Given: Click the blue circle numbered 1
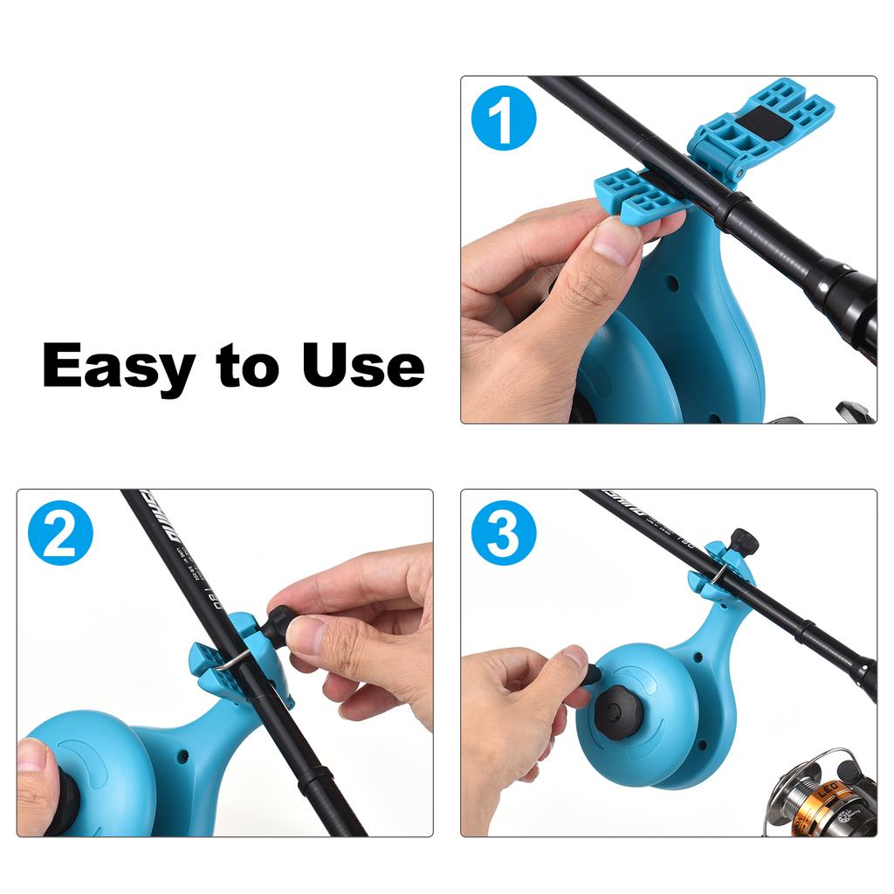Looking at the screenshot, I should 504,121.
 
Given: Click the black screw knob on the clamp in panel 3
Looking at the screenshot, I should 743,541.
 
